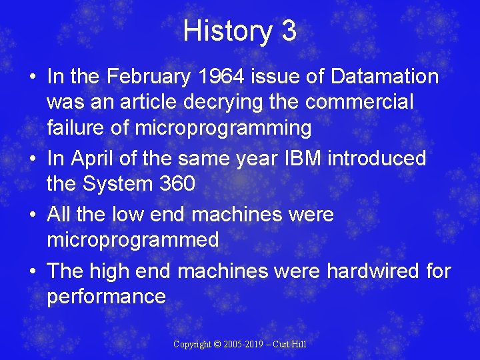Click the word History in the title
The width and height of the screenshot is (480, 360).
223,31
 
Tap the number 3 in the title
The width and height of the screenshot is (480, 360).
289,31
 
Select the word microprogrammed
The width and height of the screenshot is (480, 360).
133,240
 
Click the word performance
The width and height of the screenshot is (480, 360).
106,297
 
